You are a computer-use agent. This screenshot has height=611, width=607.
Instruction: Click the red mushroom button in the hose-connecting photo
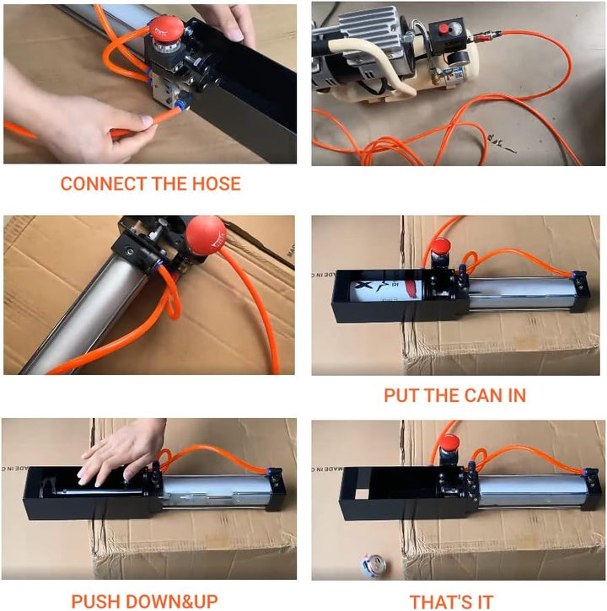167,28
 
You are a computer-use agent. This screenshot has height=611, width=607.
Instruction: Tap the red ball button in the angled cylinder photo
206,235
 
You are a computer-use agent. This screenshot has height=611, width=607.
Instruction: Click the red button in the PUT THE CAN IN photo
440,247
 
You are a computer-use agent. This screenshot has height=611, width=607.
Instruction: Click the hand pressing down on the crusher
121,452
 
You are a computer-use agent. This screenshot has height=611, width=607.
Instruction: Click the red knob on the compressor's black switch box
443,29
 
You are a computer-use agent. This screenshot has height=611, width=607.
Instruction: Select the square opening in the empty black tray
362,494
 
